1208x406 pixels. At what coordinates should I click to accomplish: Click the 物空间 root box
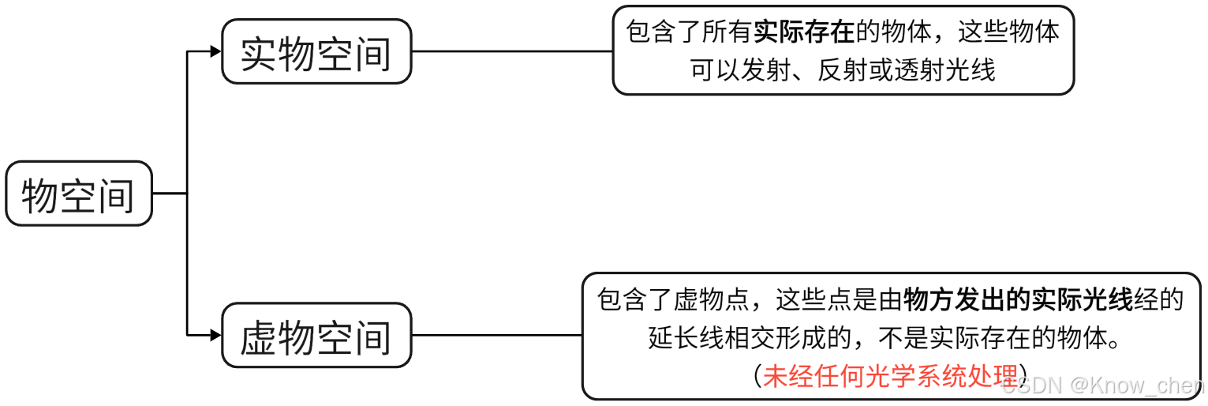pos(78,194)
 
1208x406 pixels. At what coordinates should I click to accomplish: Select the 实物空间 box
pos(316,52)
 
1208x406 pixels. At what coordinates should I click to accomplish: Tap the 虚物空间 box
pos(316,336)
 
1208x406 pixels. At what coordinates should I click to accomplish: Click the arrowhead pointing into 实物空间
pos(215,52)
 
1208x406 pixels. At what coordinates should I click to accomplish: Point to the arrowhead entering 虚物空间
pos(215,336)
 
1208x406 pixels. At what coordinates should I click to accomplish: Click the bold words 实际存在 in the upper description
pos(804,32)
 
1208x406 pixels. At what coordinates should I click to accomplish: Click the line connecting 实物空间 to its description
pos(512,52)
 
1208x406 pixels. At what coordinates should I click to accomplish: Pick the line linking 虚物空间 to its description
pos(497,336)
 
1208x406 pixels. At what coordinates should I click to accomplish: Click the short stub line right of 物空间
pos(169,194)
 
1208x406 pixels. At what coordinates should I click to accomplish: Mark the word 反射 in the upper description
pos(842,70)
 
